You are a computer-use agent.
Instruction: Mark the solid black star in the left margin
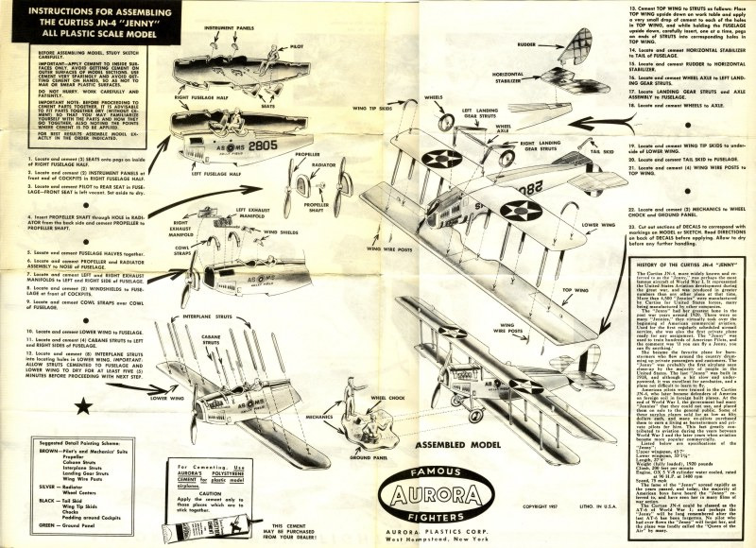(31, 407)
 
